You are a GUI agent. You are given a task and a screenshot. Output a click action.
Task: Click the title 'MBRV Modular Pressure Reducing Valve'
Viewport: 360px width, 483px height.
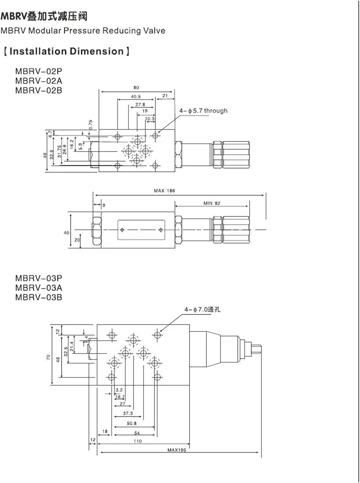coord(83,31)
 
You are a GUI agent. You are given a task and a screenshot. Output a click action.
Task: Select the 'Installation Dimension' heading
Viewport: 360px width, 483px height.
coord(66,52)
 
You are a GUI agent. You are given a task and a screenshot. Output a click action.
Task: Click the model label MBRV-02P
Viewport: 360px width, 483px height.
coord(38,71)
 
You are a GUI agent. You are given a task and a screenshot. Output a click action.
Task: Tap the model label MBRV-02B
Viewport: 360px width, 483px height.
coord(38,90)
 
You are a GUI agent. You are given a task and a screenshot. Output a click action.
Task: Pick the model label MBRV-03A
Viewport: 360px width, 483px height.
coord(38,288)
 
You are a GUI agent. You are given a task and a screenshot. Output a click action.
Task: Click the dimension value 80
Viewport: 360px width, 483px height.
coord(136,88)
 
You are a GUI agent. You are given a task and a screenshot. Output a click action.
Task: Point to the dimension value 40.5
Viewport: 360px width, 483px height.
coord(136,97)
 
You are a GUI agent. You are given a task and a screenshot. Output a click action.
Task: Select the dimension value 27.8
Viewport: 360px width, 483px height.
coord(140,105)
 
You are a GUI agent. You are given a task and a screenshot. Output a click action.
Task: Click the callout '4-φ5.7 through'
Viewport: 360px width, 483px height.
coord(203,111)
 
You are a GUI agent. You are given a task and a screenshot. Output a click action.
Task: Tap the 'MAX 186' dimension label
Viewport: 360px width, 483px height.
coord(164,191)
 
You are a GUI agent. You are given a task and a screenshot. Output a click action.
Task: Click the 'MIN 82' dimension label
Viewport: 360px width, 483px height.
coord(212,203)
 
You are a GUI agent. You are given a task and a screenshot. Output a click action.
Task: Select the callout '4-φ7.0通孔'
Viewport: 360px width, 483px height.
coord(202,309)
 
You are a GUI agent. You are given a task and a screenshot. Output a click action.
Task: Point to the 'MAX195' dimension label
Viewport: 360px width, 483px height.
coord(176,450)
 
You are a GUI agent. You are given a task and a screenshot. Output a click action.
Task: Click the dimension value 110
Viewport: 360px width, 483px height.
coord(137,441)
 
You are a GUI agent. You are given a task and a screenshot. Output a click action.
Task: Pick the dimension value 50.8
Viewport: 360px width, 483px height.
coord(131,423)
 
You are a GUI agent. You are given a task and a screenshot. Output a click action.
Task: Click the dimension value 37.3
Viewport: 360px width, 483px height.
coord(128,413)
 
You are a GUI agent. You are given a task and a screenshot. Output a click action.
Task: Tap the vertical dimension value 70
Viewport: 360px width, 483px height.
coord(48,357)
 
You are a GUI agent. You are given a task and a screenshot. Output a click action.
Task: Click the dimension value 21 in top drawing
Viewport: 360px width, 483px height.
coord(165,96)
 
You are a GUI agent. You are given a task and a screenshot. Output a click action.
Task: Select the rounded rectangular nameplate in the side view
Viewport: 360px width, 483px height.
coord(141,230)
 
